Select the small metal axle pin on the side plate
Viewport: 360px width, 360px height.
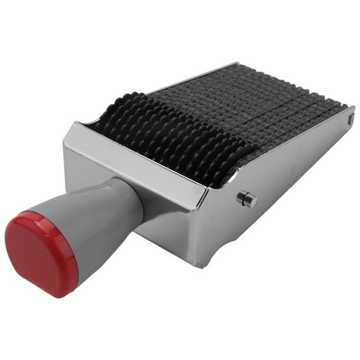pyautogui.click(x=247, y=199)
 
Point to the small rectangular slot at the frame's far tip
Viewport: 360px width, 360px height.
pyautogui.click(x=351, y=119)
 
